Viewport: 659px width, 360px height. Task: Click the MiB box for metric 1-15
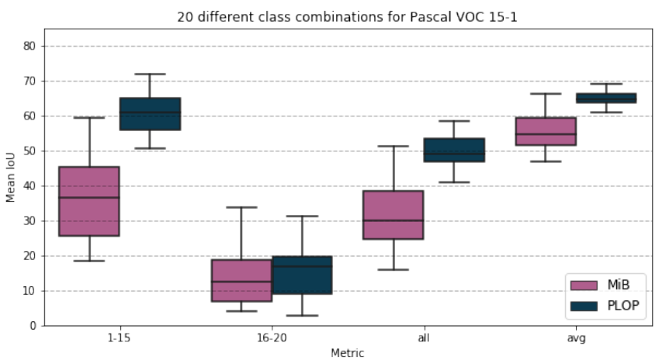tap(89, 201)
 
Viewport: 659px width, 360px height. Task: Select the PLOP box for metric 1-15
tap(150, 113)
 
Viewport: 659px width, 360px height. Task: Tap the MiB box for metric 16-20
tap(241, 280)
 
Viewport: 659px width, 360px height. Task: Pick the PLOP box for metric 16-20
tap(302, 275)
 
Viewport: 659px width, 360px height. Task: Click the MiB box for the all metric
tap(393, 215)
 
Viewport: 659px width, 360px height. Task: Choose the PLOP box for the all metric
tap(453, 150)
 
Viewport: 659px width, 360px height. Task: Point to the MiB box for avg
tap(545, 131)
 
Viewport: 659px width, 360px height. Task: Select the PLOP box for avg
tap(605, 98)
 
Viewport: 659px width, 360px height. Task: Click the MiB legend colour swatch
tap(584, 286)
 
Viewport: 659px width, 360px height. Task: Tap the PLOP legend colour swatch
tap(584, 306)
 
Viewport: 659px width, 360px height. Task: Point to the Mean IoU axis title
tap(11, 177)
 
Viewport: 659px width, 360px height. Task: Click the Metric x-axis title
tap(347, 352)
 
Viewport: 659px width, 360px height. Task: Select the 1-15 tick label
tap(120, 338)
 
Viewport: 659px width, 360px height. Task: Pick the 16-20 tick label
tap(271, 338)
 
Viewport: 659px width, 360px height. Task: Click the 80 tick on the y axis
tap(30, 46)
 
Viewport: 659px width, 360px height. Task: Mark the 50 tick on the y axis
tap(30, 151)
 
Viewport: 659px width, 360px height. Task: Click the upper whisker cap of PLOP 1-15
tap(150, 74)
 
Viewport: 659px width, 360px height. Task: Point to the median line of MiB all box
tap(393, 220)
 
